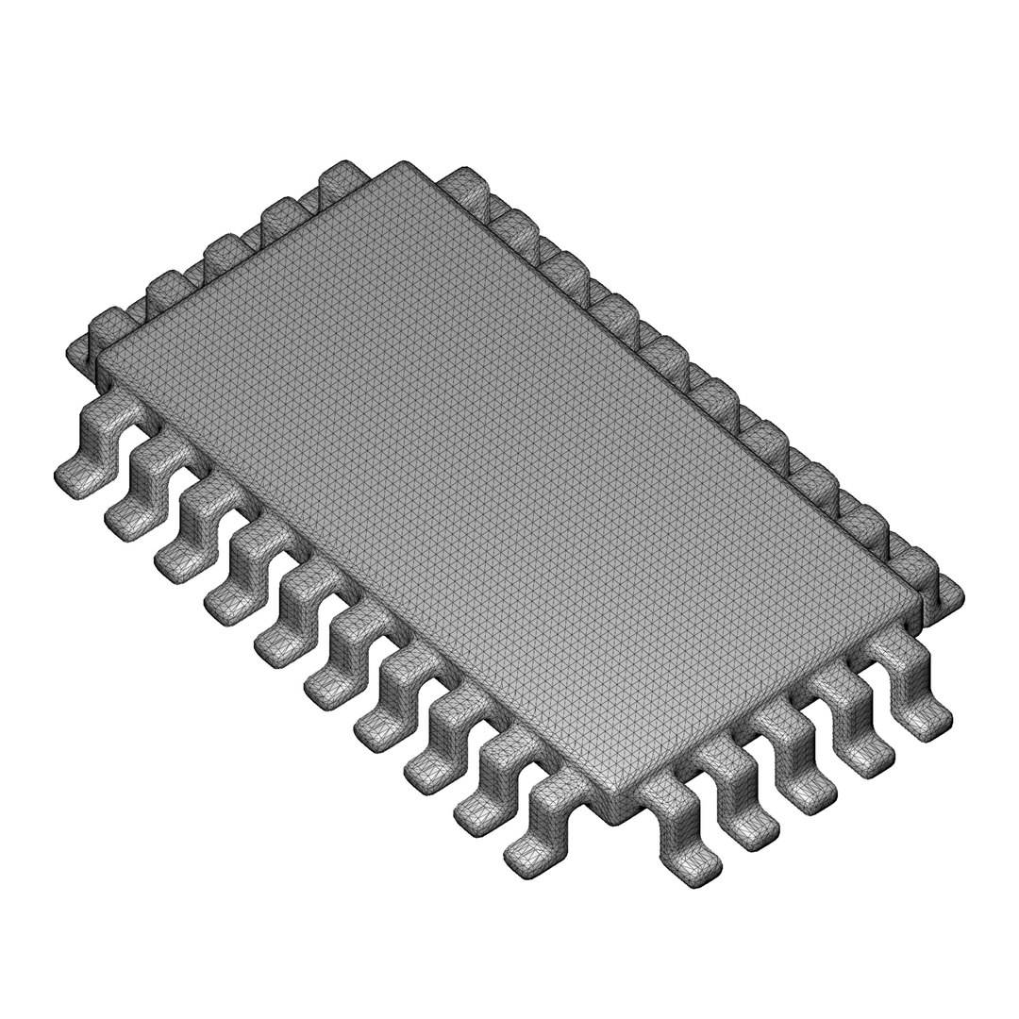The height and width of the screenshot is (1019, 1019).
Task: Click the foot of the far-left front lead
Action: [x=75, y=476]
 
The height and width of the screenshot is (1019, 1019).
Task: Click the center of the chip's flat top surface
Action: [x=509, y=476]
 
